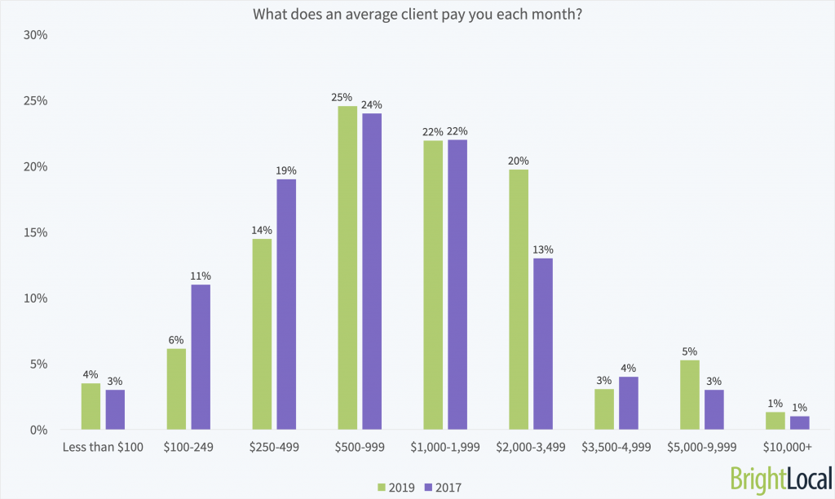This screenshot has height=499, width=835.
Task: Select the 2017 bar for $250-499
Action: pos(286,304)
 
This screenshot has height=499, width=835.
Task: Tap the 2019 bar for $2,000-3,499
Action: pos(518,299)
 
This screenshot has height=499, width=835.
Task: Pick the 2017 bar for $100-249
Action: pos(201,356)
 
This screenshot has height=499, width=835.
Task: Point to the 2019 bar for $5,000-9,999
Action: pos(689,395)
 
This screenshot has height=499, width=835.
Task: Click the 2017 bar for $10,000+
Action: pos(800,422)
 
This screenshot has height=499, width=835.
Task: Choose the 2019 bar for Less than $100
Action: pos(91,406)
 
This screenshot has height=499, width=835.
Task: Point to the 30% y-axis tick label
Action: pos(36,36)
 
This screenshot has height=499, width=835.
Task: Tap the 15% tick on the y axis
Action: pos(36,232)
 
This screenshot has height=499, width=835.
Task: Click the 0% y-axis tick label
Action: pos(39,430)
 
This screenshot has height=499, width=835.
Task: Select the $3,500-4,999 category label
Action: pos(617,448)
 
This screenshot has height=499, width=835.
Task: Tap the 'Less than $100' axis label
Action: pos(103,448)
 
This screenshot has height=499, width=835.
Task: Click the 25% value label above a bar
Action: pos(342,98)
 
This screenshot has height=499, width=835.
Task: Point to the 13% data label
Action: pos(542,249)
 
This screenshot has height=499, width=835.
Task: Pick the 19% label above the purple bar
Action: pos(286,170)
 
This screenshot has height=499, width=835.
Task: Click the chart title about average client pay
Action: pos(417,15)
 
